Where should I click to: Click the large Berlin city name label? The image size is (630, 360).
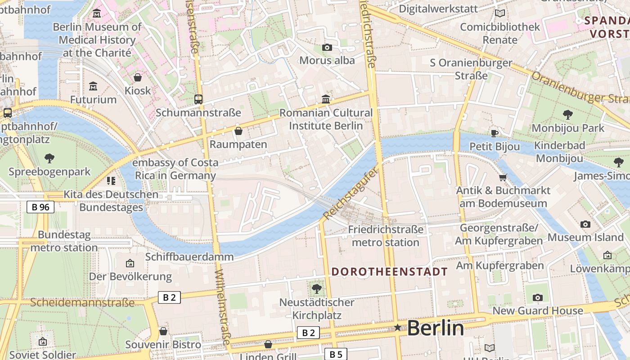435,328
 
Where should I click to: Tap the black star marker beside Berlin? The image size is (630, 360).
398,328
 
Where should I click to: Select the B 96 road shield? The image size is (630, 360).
40,207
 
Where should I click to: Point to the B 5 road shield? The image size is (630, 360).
336,354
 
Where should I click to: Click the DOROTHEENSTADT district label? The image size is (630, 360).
390,272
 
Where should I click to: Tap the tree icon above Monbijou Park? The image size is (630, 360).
568,115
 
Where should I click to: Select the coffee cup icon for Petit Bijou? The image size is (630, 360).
495,133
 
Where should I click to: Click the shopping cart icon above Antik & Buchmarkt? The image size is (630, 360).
503,177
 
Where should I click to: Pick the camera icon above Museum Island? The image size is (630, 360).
585,224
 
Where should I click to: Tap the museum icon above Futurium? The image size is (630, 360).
93,86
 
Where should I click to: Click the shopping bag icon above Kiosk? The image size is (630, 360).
138,77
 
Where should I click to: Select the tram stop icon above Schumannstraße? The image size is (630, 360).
198,99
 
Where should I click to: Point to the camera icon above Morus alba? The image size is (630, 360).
327,47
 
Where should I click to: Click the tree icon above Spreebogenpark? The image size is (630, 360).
49,158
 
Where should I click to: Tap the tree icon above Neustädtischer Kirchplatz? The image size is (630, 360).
317,288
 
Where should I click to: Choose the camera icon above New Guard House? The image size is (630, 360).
538,297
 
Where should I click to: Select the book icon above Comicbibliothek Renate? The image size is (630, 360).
499,13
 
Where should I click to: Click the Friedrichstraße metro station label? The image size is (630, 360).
386,236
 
